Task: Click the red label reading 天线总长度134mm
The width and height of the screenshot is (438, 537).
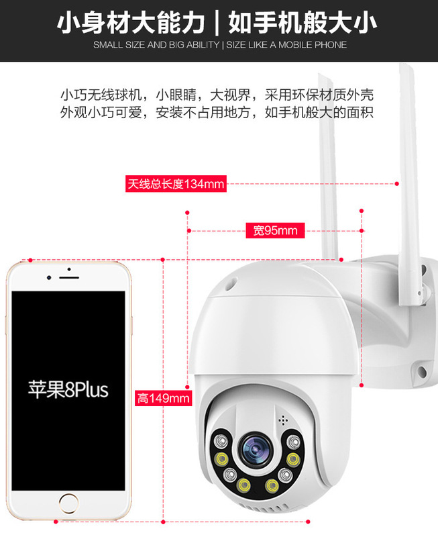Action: pyautogui.click(x=176, y=183)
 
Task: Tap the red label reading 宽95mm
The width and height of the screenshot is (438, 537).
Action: pyautogui.click(x=275, y=231)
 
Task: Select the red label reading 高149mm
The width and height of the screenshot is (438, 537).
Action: pyautogui.click(x=163, y=398)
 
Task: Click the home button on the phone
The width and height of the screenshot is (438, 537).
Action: pyautogui.click(x=68, y=503)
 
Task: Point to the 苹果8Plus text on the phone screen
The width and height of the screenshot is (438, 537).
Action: pyautogui.click(x=68, y=389)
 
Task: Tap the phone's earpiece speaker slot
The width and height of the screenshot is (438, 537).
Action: pyautogui.click(x=68, y=277)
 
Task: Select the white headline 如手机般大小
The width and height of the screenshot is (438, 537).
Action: pyautogui.click(x=302, y=23)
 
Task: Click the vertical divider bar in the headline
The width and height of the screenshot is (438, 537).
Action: pyautogui.click(x=217, y=23)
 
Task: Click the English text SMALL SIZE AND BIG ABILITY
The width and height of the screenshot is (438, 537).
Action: pyautogui.click(x=156, y=45)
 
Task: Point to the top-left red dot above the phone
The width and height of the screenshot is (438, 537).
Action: pyautogui.click(x=30, y=259)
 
